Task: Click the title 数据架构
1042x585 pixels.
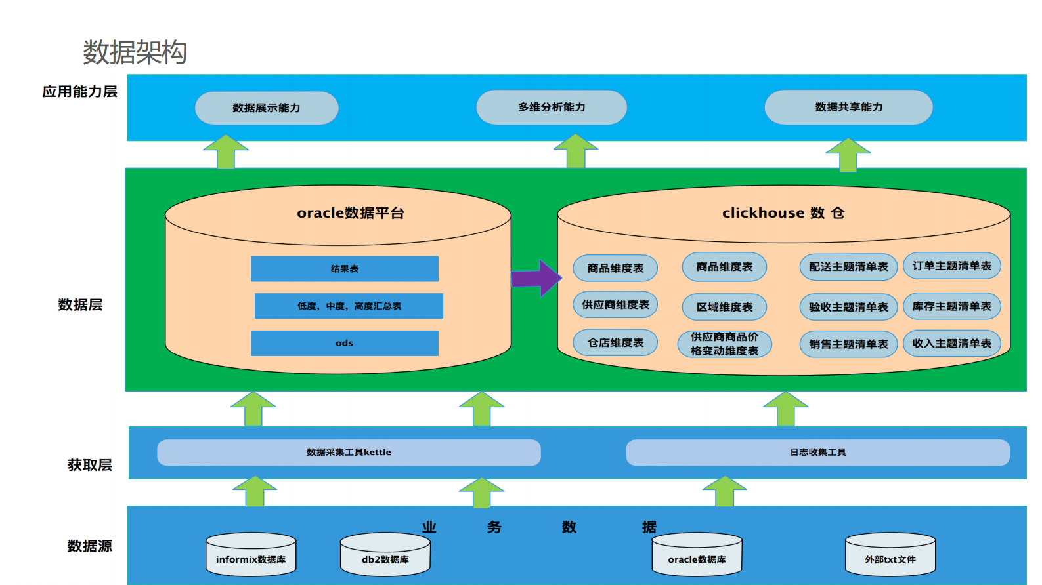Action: click(x=135, y=52)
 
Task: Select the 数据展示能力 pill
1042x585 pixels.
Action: click(x=267, y=108)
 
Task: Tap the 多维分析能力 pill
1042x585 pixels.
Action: click(x=552, y=107)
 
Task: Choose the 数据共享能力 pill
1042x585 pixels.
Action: click(x=848, y=107)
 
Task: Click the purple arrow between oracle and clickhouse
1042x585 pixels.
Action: click(x=536, y=278)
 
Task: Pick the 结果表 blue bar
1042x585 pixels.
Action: click(x=344, y=269)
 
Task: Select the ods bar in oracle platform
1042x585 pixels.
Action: click(x=344, y=343)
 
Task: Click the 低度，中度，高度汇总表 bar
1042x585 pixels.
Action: click(x=349, y=306)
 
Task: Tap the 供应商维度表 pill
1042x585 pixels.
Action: click(x=615, y=304)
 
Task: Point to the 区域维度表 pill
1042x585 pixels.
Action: click(x=724, y=307)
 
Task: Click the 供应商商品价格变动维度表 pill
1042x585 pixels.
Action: click(x=724, y=344)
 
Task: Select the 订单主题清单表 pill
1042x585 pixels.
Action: click(x=951, y=266)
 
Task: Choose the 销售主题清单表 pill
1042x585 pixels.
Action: click(x=848, y=344)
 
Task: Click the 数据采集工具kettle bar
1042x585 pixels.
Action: click(x=349, y=453)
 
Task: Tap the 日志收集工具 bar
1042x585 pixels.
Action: click(x=817, y=453)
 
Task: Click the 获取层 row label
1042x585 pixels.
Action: click(x=90, y=465)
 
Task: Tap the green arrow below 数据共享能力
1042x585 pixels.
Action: click(x=848, y=156)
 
